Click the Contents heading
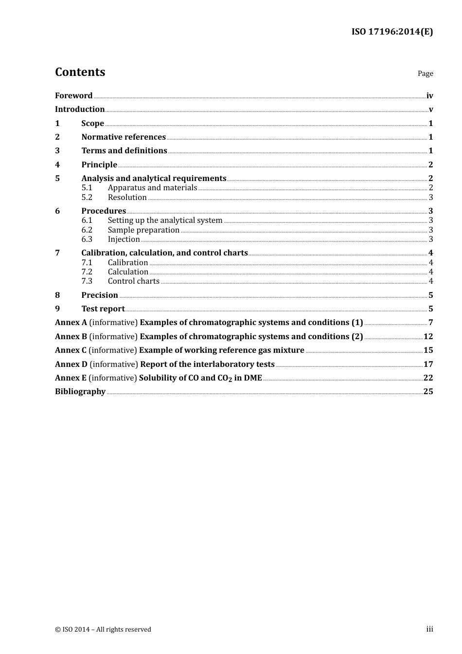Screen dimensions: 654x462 (80, 72)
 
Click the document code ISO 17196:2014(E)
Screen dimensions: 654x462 (392, 32)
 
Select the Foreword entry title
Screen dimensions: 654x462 (73, 95)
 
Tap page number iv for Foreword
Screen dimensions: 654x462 (429, 96)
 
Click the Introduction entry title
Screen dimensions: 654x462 (80, 109)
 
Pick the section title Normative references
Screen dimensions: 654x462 (124, 137)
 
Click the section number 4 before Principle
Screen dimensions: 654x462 (57, 164)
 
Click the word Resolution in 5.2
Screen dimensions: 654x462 (127, 197)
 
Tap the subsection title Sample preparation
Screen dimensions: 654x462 (143, 230)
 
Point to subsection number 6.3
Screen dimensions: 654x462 (87, 239)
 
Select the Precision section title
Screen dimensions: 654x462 (100, 295)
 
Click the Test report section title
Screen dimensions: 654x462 (103, 309)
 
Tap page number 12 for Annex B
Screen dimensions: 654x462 (428, 336)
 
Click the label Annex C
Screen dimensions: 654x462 (71, 350)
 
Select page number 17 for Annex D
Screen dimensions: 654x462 (428, 364)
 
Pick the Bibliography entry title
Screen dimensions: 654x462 (80, 391)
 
